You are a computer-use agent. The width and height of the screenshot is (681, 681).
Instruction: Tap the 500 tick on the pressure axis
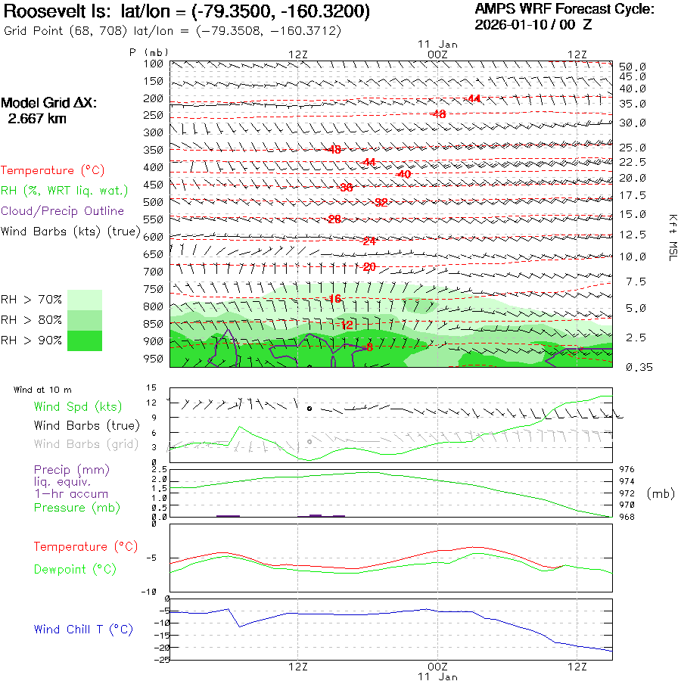click(154, 202)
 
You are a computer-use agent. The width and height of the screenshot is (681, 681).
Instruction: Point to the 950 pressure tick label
click(154, 359)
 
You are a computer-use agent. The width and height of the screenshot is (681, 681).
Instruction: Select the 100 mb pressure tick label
click(154, 64)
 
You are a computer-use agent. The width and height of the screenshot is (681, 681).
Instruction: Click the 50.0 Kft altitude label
click(632, 67)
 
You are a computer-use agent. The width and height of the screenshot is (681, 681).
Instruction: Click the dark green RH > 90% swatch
click(85, 340)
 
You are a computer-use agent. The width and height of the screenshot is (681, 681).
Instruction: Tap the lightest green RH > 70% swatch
click(85, 300)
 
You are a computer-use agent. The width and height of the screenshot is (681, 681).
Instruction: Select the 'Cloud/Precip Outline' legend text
click(63, 211)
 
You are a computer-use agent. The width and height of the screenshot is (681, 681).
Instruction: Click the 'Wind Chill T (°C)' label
click(83, 630)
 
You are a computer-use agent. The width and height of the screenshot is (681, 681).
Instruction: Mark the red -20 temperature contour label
click(369, 267)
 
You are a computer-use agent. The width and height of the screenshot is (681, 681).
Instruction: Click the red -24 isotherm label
click(369, 241)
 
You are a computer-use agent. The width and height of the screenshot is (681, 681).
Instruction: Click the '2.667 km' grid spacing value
click(37, 119)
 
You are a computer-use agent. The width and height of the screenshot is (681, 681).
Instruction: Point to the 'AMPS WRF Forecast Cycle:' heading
click(564, 9)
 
